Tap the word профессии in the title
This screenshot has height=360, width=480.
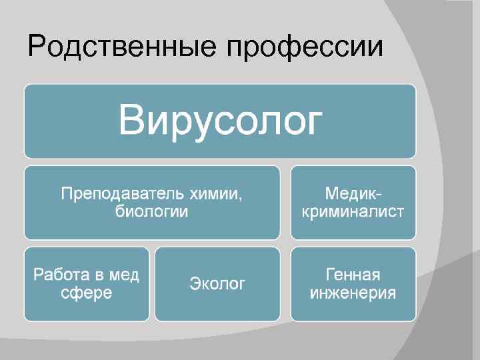tap(305, 48)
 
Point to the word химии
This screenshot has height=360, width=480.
tap(215, 195)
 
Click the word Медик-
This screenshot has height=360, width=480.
tap(353, 195)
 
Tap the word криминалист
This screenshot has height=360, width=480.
tap(353, 212)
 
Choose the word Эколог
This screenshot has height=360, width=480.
tap(218, 285)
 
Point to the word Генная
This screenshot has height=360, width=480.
tap(353, 275)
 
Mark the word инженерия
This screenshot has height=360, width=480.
tap(353, 293)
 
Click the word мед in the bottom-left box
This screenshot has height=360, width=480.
tap(124, 275)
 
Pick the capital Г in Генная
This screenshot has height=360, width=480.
tap(330, 275)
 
